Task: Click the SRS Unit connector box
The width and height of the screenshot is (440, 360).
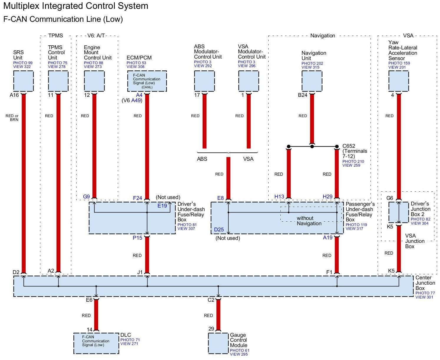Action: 23,81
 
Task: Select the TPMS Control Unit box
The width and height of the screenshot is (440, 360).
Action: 58,81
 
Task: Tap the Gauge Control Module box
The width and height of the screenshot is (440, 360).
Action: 218,343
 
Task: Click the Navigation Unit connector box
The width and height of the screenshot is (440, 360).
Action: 312,81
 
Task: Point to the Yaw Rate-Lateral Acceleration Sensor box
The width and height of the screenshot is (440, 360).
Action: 399,81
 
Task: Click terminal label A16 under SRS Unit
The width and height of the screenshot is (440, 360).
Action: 14,95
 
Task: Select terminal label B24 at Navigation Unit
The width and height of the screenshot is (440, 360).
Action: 302,95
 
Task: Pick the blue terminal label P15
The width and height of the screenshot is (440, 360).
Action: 138,238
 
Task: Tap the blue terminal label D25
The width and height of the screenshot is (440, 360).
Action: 219,229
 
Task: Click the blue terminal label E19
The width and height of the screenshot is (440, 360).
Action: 162,206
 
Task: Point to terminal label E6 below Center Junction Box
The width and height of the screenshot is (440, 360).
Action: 89,300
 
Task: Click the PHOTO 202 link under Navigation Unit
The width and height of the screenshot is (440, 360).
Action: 312,63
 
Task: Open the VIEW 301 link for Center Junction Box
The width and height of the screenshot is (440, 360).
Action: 424,297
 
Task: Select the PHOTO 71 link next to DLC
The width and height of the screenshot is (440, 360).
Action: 130,340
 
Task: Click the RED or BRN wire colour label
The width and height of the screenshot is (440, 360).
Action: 12,118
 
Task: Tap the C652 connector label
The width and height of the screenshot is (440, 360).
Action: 349,146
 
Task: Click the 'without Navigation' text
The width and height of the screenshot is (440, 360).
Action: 309,221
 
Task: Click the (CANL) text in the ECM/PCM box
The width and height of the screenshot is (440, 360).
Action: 147,87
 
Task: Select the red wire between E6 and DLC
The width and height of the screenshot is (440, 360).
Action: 96,315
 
